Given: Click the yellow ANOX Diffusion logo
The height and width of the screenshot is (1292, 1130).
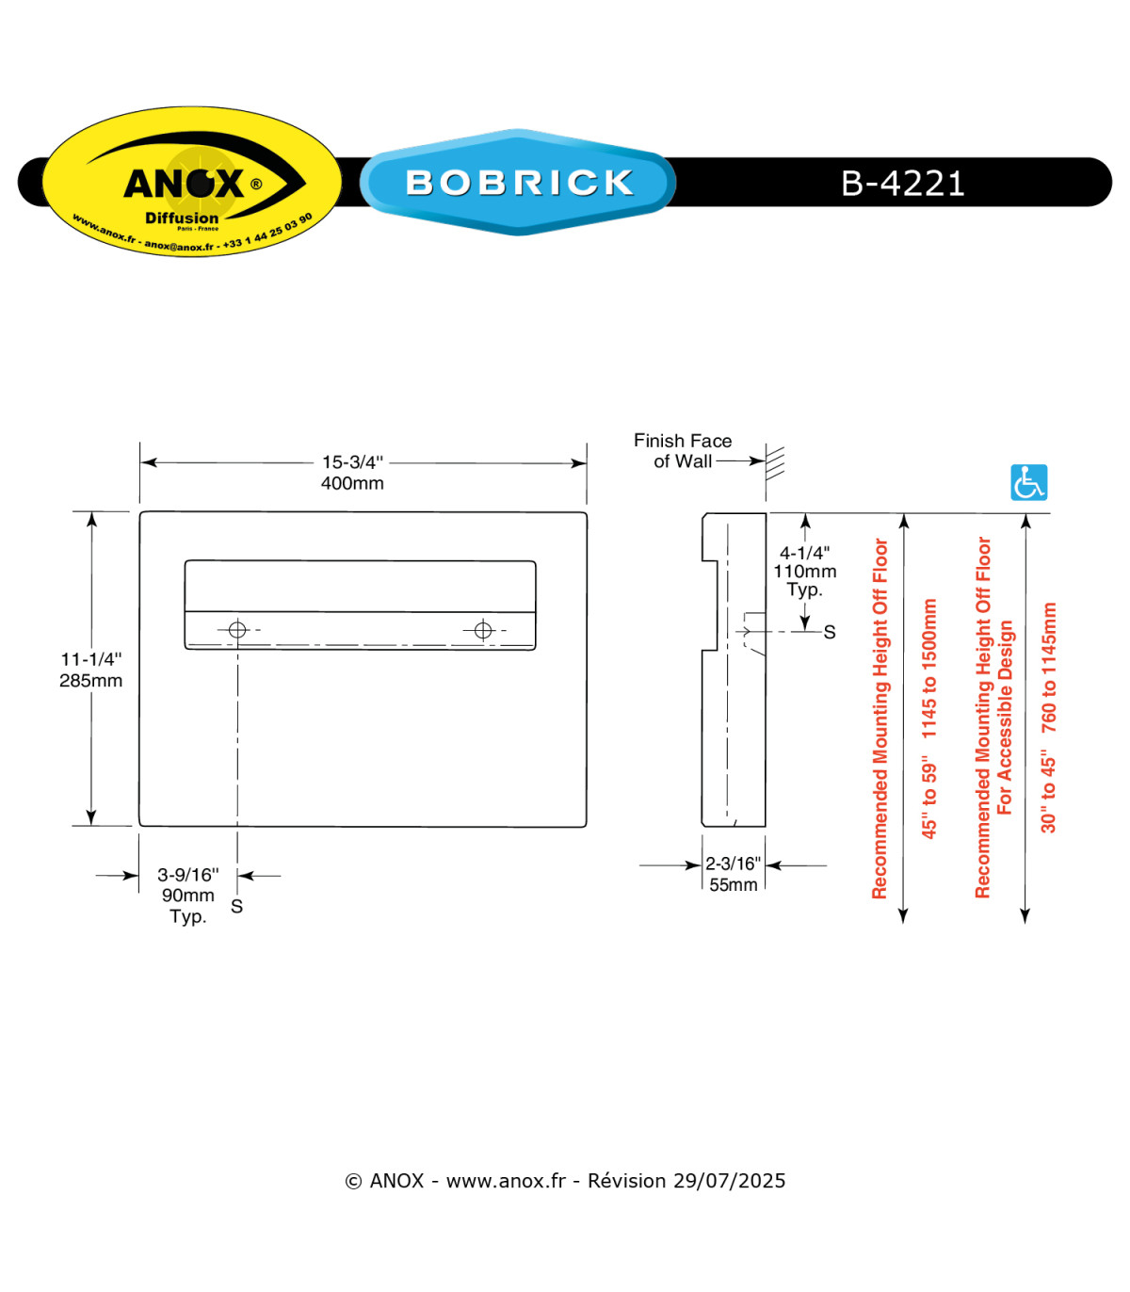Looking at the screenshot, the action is click(x=192, y=181).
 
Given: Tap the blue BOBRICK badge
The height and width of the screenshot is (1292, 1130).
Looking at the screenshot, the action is click(x=518, y=182).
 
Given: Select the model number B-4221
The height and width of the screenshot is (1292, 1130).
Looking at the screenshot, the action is click(x=903, y=183).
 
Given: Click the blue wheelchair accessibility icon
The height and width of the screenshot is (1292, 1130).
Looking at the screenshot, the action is click(x=1029, y=482).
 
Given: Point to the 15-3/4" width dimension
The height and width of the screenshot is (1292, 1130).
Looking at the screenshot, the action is click(x=352, y=462).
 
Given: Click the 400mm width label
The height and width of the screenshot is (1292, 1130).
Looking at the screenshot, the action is click(x=352, y=483).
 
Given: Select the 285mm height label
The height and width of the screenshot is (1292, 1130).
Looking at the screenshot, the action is click(x=91, y=680).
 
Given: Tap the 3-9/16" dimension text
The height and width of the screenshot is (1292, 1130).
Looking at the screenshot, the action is click(x=188, y=875).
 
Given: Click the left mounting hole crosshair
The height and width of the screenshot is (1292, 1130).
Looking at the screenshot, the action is click(x=237, y=630).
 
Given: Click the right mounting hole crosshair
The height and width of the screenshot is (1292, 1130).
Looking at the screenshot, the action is click(x=483, y=630).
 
